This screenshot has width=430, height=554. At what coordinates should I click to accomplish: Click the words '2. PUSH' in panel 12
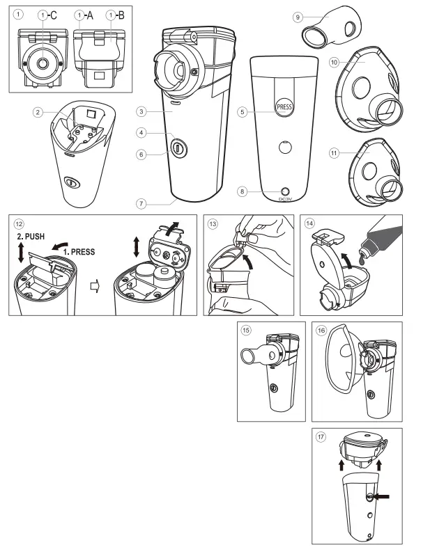pos(30,237)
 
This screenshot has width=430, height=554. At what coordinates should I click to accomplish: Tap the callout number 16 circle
pos(321,331)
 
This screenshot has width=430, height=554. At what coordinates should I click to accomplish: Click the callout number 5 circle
pos(242,111)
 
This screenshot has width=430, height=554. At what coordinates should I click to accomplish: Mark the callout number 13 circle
pos(212,223)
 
